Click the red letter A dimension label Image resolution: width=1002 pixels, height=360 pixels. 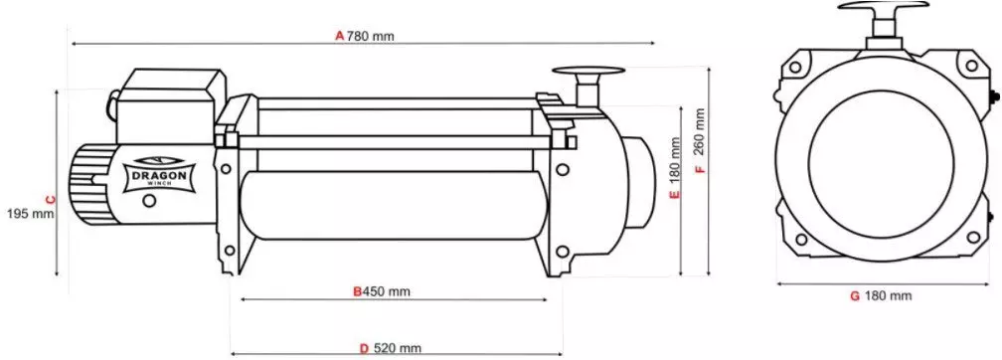(x=339, y=36)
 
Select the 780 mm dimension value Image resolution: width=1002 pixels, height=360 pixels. (x=371, y=36)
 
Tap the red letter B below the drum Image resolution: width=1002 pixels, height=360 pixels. (x=358, y=292)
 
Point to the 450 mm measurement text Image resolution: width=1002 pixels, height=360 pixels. (x=387, y=292)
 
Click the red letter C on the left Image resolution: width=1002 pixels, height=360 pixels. (x=51, y=199)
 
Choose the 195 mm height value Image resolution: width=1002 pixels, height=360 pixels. (x=29, y=213)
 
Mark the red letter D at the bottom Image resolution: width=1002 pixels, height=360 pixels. (x=364, y=348)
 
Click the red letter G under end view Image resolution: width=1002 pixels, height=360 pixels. (x=854, y=296)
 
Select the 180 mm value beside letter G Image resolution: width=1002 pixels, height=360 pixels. (x=888, y=296)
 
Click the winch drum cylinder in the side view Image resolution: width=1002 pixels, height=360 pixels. (x=388, y=204)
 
